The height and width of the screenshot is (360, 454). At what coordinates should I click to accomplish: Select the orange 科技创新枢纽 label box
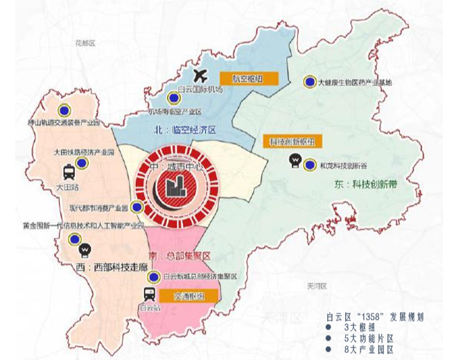293,142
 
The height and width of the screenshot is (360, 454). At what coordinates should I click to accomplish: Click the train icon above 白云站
149,294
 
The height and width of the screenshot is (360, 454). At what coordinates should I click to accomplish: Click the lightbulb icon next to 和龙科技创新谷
295,164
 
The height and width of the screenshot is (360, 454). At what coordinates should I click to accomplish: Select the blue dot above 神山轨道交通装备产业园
64,109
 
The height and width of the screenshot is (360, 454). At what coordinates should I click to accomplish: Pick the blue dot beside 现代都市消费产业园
136,207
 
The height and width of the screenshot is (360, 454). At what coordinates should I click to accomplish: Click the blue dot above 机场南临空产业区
173,98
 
